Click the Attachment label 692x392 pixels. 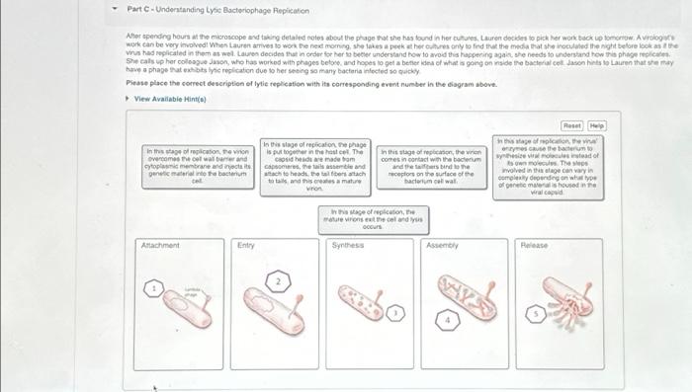pos(159,244)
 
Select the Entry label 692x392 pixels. pos(246,244)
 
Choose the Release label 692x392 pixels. pos(534,244)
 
